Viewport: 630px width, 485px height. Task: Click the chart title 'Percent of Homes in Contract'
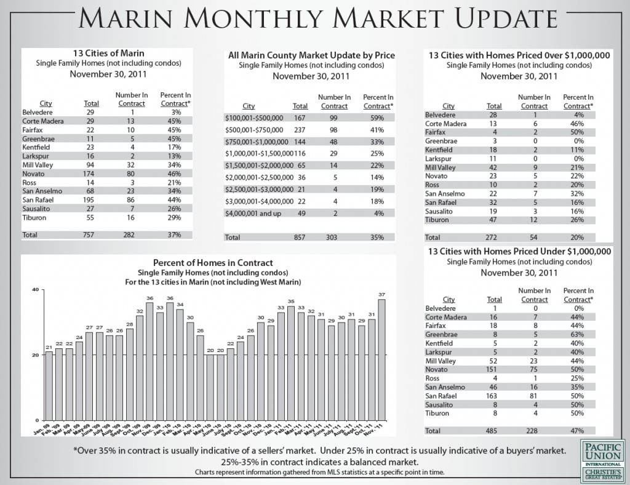coord(213,263)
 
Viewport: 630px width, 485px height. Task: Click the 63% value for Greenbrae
coord(577,351)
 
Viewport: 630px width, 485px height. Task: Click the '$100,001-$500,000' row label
coord(252,117)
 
